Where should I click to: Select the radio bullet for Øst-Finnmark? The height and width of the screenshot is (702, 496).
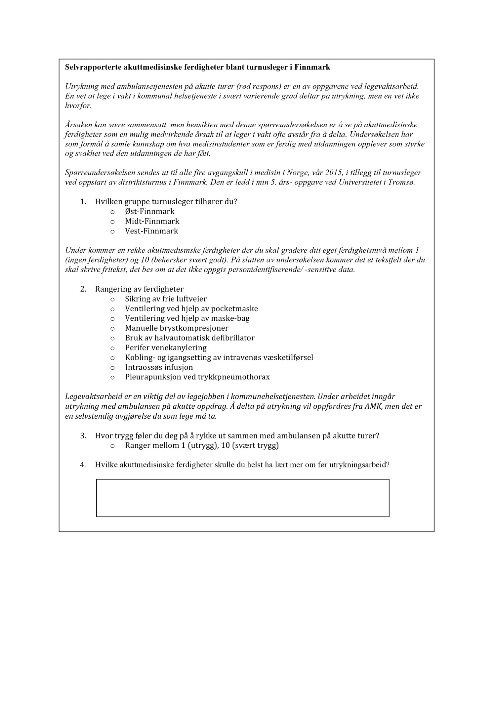[x=112, y=212]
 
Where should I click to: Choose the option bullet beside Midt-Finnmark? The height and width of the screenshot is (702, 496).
[x=112, y=222]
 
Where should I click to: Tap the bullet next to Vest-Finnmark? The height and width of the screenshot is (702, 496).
[x=112, y=231]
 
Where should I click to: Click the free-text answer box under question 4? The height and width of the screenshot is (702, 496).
[x=243, y=498]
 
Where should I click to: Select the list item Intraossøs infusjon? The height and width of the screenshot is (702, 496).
[x=159, y=367]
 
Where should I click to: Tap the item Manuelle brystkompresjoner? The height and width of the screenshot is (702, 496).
[x=177, y=328]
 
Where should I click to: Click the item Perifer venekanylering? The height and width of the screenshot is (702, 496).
[x=166, y=348]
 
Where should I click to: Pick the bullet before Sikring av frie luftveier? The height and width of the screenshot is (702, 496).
[x=112, y=300]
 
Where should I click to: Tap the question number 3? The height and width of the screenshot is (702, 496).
[x=83, y=436]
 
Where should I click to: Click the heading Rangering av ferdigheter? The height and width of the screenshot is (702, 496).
[x=139, y=289]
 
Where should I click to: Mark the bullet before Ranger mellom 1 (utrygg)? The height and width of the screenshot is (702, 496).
[x=112, y=446]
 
